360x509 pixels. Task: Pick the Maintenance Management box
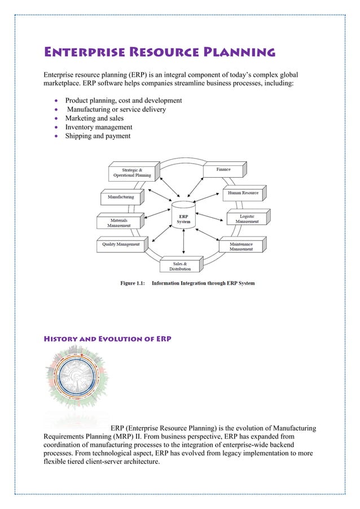click(241, 245)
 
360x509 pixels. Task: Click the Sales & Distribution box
click(180, 266)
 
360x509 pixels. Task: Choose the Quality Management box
click(120, 245)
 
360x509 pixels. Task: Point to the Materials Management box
click(118, 222)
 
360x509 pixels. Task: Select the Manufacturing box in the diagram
click(121, 198)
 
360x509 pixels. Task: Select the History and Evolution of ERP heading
click(108, 339)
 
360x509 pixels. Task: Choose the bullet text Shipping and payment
click(98, 136)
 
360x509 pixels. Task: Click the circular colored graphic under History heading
click(77, 385)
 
